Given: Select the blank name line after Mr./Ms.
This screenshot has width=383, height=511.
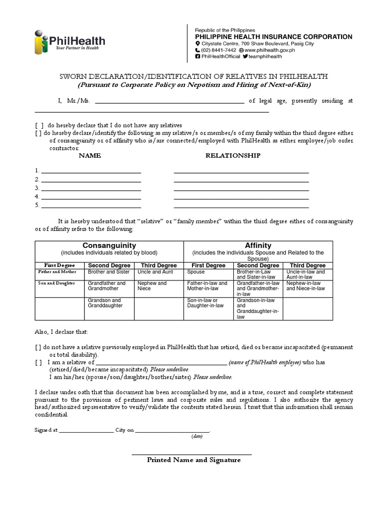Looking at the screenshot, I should [169, 101].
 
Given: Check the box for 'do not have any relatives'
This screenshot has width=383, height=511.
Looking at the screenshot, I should [39, 125].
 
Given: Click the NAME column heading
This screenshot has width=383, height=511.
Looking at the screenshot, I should [90, 156].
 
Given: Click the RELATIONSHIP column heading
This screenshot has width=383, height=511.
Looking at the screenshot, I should [233, 156].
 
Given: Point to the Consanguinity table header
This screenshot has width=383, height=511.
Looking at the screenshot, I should [109, 246].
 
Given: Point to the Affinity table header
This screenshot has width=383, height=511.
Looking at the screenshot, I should [258, 246].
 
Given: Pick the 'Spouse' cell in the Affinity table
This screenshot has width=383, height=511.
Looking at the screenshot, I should [196, 272].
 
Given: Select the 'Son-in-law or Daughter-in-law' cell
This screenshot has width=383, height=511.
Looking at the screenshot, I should [205, 303].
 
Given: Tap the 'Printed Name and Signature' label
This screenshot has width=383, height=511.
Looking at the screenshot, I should [193, 460].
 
